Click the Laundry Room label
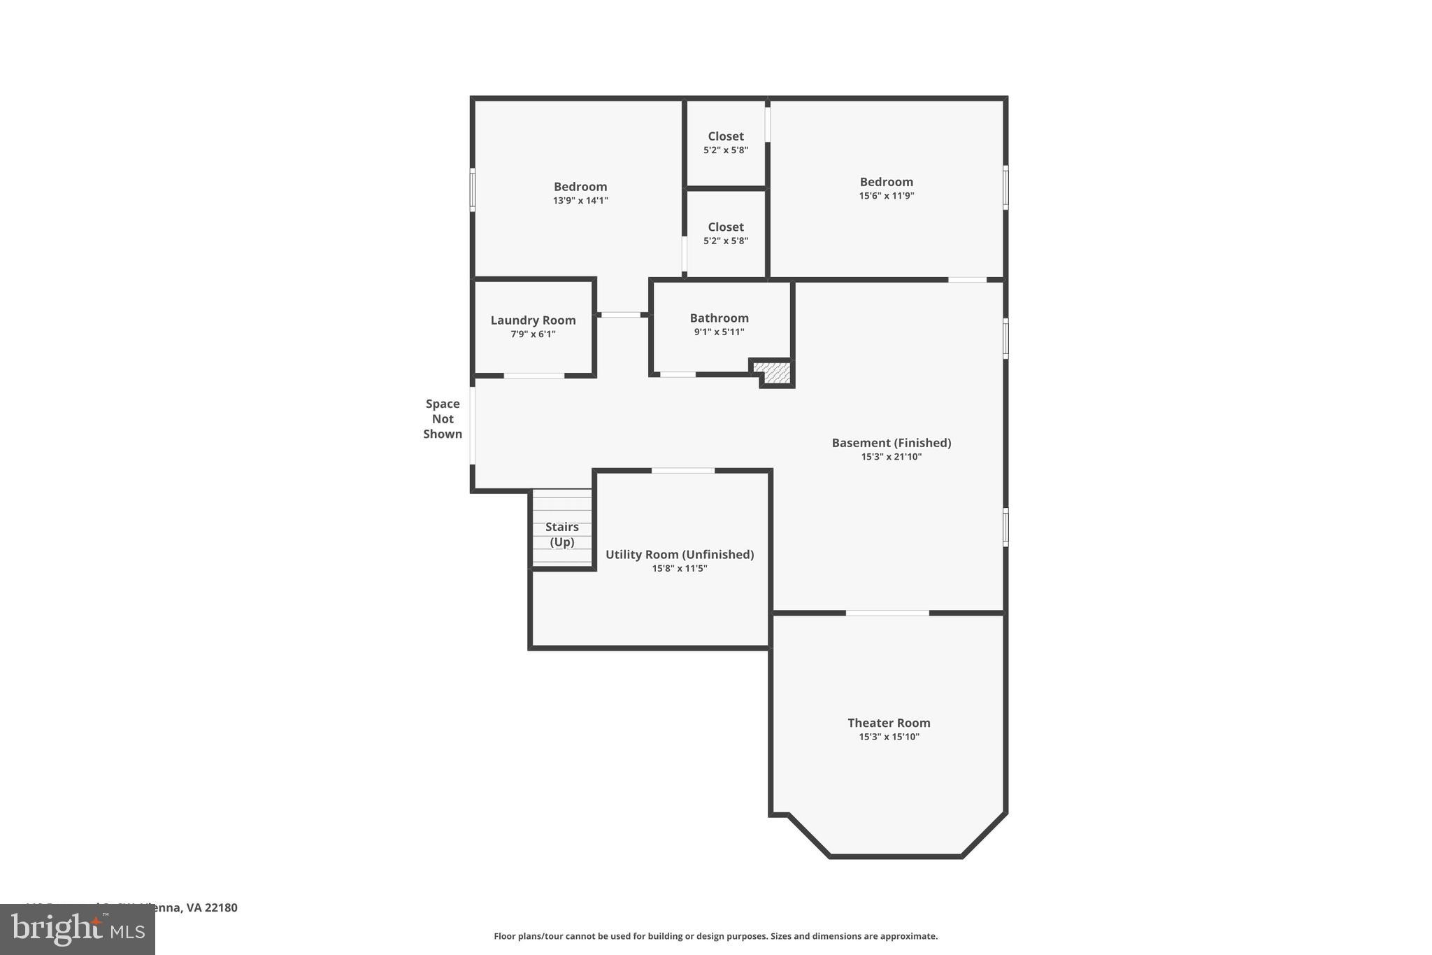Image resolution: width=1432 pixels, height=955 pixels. (533, 320)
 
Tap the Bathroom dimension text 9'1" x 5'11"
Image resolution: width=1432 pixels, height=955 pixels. (719, 332)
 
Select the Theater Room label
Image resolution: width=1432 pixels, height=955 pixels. (889, 723)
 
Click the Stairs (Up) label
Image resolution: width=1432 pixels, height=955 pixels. (561, 534)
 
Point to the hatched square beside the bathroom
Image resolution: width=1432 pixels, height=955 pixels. (772, 372)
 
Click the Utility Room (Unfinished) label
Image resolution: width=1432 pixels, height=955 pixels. (679, 554)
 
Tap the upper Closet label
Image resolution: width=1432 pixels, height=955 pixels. (725, 136)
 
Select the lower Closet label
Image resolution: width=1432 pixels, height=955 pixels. (725, 227)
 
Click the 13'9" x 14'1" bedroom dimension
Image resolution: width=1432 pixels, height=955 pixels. (580, 201)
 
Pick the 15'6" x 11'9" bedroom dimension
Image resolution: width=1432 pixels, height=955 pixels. (886, 196)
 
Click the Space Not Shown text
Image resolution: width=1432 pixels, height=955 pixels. (443, 418)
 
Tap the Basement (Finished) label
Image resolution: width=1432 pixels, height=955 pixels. (891, 443)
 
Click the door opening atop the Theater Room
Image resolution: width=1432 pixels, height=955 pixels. (887, 613)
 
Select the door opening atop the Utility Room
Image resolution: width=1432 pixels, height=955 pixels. (682, 470)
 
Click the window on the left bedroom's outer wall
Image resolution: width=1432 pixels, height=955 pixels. (473, 189)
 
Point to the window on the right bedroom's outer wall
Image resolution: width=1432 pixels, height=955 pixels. (1005, 187)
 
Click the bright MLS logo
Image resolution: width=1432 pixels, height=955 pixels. (78, 929)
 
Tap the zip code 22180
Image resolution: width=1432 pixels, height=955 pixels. (221, 907)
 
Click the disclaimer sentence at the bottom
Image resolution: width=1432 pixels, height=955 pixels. (715, 936)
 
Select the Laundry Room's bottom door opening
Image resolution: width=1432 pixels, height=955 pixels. (534, 376)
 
